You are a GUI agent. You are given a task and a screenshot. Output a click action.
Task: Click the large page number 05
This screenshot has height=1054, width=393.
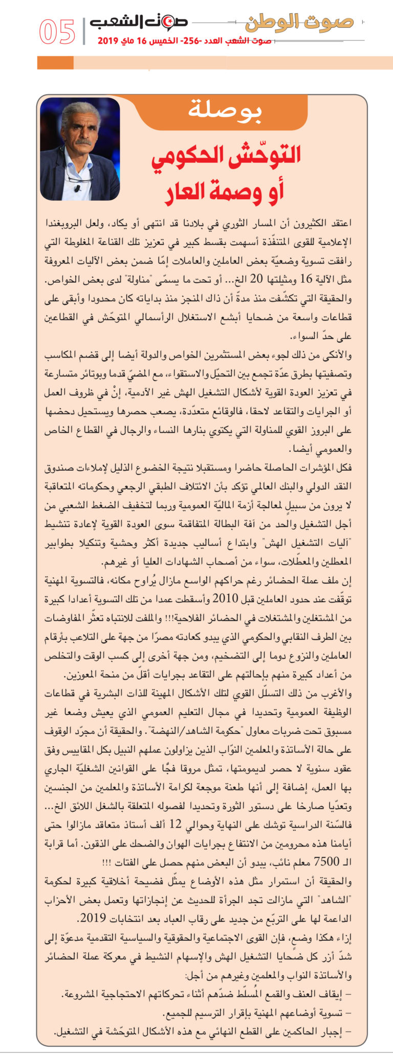[x=57, y=32]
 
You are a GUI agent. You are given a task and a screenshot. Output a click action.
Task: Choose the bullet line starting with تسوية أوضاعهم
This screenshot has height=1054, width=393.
[x=256, y=1013]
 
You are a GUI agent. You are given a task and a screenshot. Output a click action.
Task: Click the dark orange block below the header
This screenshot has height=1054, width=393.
[x=55, y=63]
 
